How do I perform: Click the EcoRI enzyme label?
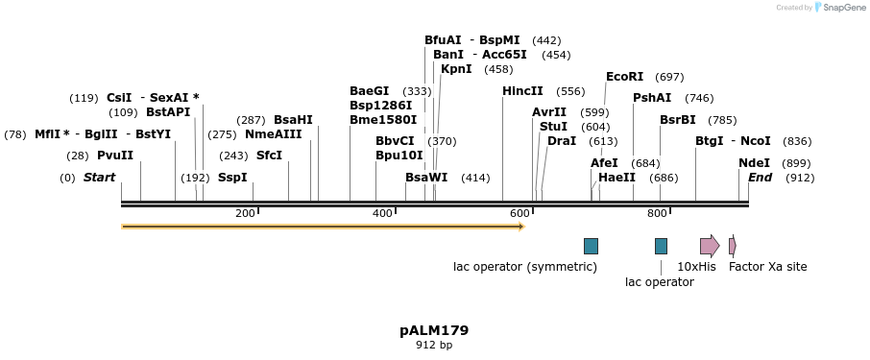click(624, 77)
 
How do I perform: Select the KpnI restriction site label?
click(456, 69)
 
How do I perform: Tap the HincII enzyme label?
click(522, 91)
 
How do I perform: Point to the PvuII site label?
click(115, 156)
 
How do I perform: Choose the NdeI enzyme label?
click(754, 163)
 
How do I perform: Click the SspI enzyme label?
click(232, 178)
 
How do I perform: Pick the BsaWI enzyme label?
click(426, 178)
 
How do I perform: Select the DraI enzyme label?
click(562, 141)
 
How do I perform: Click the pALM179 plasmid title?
click(434, 330)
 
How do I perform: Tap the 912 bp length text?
click(434, 345)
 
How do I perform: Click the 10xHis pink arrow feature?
click(709, 246)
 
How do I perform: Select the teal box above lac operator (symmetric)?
click(591, 246)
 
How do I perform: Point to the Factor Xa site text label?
click(768, 267)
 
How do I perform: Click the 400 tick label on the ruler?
click(382, 213)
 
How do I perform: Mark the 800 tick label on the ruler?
click(657, 213)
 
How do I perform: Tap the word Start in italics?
click(99, 178)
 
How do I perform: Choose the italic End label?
click(760, 178)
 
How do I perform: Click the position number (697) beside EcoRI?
click(669, 77)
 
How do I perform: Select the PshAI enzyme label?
click(652, 98)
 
